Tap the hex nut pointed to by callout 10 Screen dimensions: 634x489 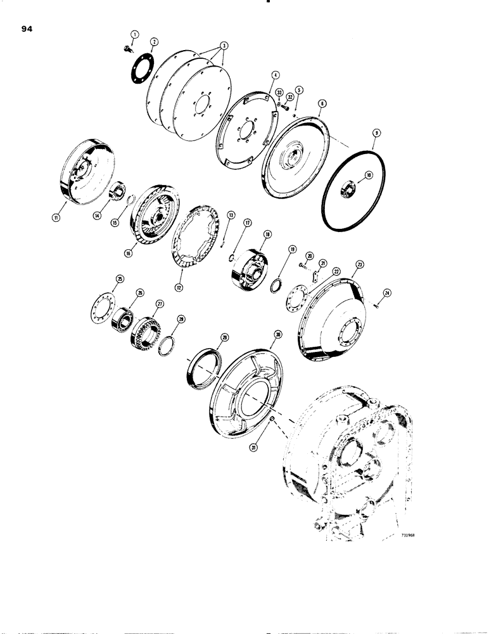(351, 186)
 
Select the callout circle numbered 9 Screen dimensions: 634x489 (376, 133)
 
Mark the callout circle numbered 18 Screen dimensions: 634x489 (267, 234)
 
